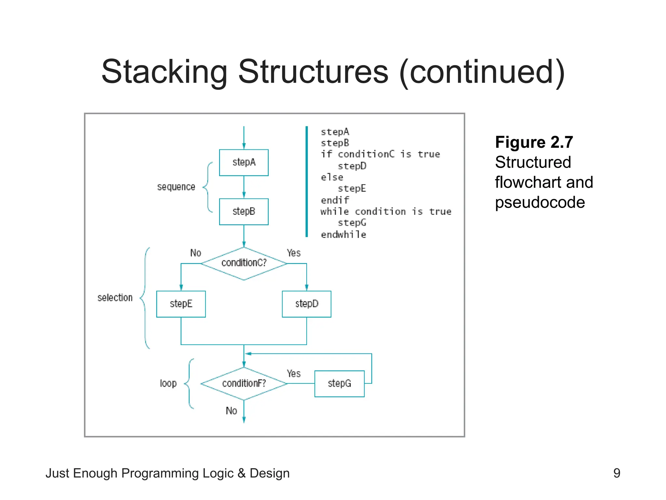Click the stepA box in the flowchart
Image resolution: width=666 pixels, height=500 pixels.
click(x=244, y=162)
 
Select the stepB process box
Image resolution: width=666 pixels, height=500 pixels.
click(x=244, y=212)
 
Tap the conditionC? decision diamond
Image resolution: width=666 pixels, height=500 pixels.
click(x=244, y=263)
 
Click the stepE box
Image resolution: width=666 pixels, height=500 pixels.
click(x=181, y=304)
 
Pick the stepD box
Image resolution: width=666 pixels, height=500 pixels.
click(x=306, y=304)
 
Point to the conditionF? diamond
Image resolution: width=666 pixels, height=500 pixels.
click(x=244, y=383)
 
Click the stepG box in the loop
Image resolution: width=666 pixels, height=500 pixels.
click(x=339, y=383)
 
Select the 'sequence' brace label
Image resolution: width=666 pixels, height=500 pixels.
click(x=176, y=187)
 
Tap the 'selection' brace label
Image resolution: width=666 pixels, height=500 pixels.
click(x=115, y=298)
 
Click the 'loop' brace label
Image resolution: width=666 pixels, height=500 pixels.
click(x=168, y=383)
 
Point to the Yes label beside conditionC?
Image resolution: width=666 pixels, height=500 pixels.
click(x=293, y=253)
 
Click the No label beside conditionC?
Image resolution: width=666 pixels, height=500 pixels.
click(x=195, y=253)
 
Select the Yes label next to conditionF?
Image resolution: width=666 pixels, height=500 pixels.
click(x=293, y=373)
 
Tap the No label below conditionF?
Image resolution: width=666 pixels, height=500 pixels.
click(x=231, y=411)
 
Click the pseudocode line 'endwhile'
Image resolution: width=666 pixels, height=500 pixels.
click(x=343, y=234)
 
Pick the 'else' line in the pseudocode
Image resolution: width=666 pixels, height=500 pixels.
click(x=332, y=177)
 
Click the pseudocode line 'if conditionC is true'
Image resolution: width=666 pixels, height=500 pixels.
click(x=380, y=154)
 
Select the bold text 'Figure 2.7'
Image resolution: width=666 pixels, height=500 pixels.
click(x=534, y=142)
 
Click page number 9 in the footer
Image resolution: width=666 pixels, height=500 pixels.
click(x=617, y=473)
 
